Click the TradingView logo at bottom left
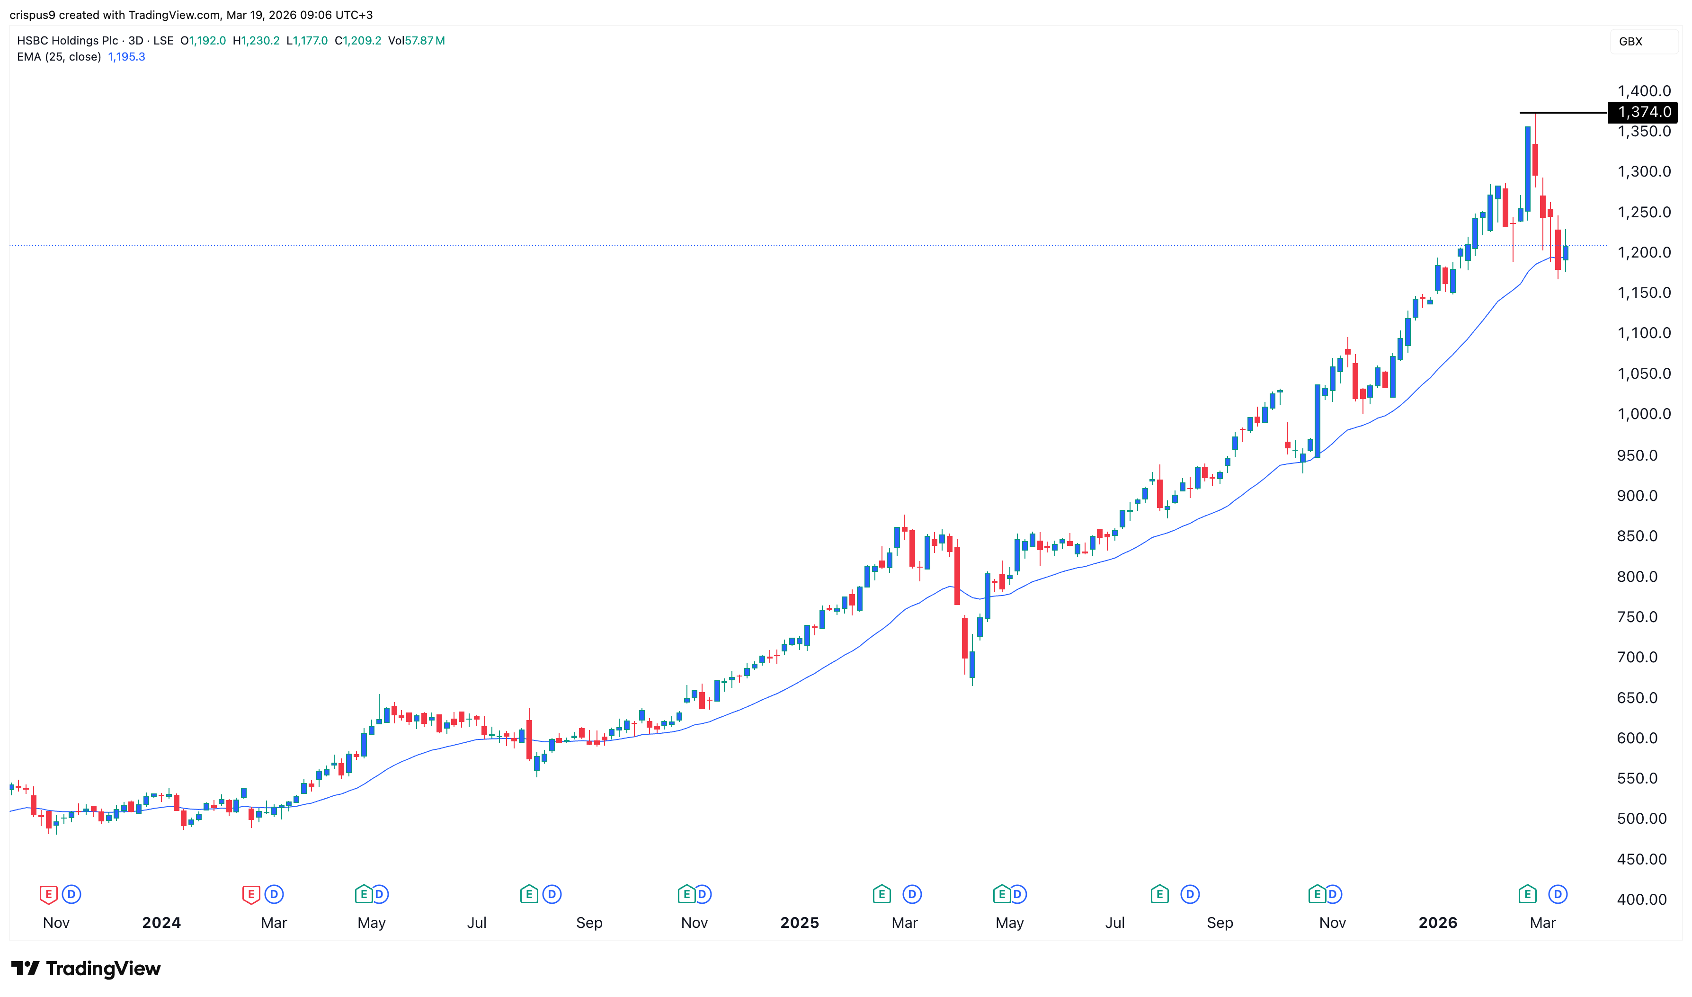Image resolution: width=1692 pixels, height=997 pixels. pos(86,968)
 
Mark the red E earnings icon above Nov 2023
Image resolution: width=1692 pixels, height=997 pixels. pos(48,894)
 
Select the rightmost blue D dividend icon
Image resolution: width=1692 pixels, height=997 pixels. pos(1558,894)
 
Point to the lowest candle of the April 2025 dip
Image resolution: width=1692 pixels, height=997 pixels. pos(972,665)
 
